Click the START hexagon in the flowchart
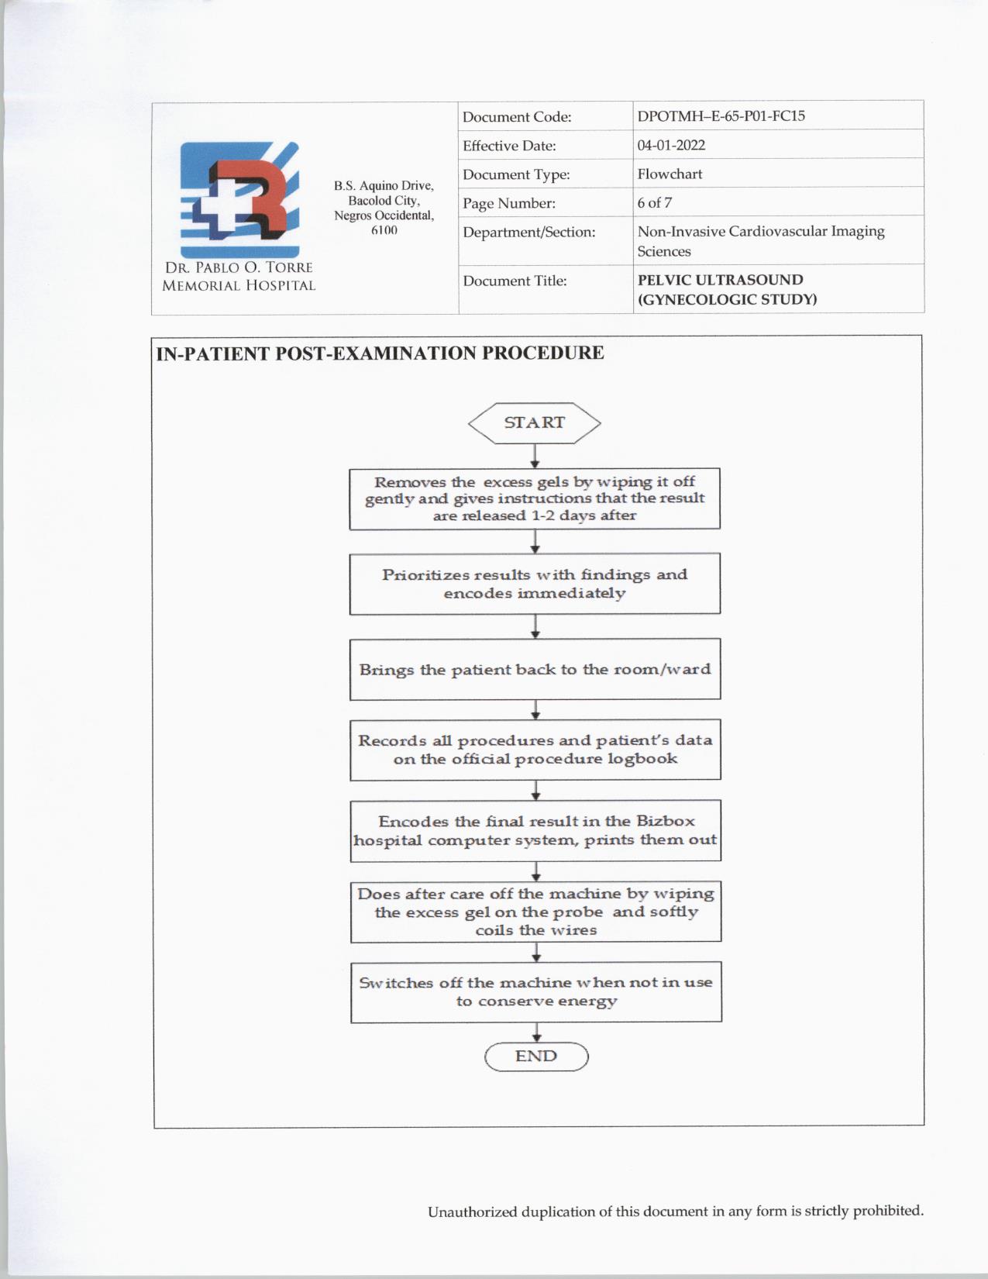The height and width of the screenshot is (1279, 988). pyautogui.click(x=535, y=423)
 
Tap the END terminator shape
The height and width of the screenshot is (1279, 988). pyautogui.click(x=536, y=1057)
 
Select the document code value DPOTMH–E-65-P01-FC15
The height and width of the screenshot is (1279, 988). pyautogui.click(x=721, y=116)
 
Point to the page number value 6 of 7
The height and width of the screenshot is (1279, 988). pyautogui.click(x=655, y=203)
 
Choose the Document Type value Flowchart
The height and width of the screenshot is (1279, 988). pyautogui.click(x=670, y=174)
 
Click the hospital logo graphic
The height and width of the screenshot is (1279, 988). pyautogui.click(x=239, y=199)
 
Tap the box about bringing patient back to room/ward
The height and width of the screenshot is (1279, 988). pyautogui.click(x=535, y=670)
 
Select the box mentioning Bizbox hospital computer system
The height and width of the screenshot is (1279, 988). pyautogui.click(x=535, y=831)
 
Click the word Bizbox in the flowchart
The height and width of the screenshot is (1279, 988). pyautogui.click(x=666, y=822)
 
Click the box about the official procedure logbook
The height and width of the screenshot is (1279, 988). pyautogui.click(x=535, y=750)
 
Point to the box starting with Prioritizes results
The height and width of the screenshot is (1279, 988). pyautogui.click(x=535, y=584)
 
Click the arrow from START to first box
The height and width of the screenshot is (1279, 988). pyautogui.click(x=535, y=457)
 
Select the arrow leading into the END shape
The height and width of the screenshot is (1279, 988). pyautogui.click(x=536, y=1033)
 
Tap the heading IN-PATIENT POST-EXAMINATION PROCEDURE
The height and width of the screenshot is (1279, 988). pyautogui.click(x=380, y=353)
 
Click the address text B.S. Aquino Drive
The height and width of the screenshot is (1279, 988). pyautogui.click(x=384, y=186)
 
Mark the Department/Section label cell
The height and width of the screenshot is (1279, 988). pyautogui.click(x=529, y=232)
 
